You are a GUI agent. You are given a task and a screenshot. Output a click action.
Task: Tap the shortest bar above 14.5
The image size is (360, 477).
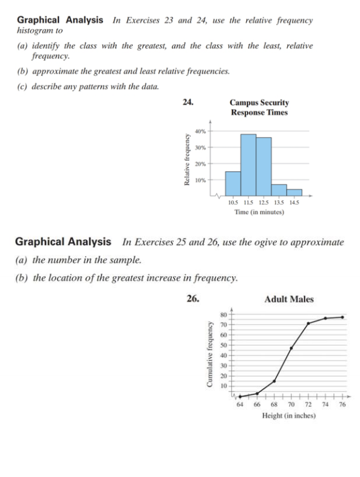(x=294, y=193)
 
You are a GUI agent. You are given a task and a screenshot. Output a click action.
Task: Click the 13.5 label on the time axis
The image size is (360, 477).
(x=279, y=202)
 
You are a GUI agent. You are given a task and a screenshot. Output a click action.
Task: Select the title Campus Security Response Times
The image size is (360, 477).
(x=259, y=107)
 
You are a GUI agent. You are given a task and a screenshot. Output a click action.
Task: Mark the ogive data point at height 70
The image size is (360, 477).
(x=291, y=348)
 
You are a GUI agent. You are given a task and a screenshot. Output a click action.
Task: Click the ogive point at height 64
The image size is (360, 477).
(x=240, y=396)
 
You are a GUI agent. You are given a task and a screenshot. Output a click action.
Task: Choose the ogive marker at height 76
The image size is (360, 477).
(x=342, y=317)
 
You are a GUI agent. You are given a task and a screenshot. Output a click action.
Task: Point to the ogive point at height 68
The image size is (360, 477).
(x=274, y=381)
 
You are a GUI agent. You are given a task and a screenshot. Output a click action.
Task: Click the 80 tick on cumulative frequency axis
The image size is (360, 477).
(x=223, y=314)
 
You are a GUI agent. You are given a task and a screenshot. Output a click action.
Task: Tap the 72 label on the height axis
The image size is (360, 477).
(x=308, y=405)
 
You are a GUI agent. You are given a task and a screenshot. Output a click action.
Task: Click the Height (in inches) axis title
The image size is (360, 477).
(x=289, y=416)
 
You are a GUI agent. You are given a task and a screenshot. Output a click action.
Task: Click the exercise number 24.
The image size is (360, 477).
(x=188, y=103)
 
